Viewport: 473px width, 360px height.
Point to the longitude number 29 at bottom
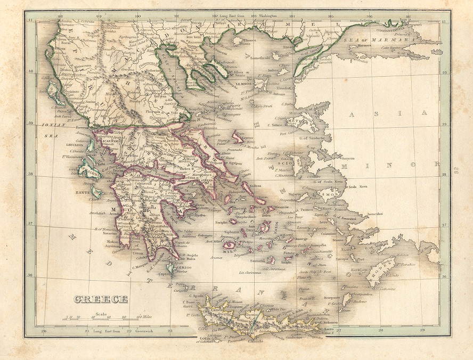click(x=421, y=331)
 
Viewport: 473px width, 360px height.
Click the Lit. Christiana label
click(x=250, y=273)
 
